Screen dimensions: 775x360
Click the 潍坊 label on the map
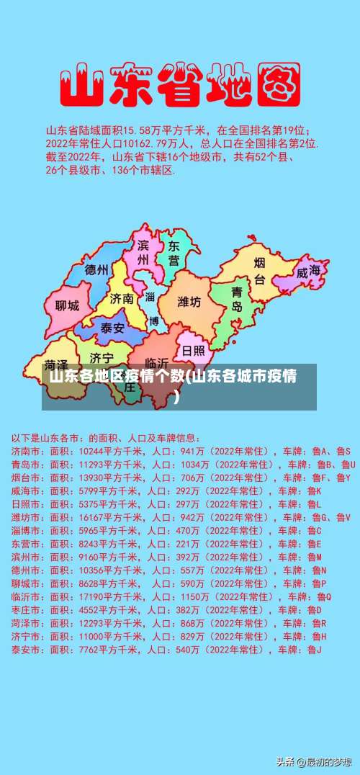tap(189, 302)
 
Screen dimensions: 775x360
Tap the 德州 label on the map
tap(96, 271)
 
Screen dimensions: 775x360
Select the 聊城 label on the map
tap(67, 305)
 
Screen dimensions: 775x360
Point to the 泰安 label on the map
tap(112, 328)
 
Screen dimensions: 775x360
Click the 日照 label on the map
tap(193, 350)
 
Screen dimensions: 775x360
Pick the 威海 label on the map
tap(309, 272)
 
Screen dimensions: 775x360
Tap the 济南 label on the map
tap(122, 298)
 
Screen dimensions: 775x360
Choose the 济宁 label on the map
tap(101, 358)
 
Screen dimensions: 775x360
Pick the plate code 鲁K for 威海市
tap(315, 490)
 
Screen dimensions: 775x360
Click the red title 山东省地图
tap(179, 84)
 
